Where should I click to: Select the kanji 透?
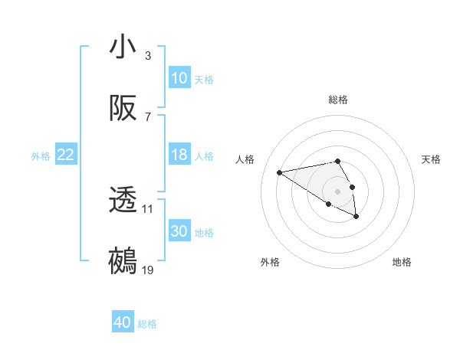[123, 201]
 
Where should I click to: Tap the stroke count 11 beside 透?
[148, 208]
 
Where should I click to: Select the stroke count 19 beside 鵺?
[148, 270]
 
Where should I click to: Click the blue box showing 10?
[179, 78]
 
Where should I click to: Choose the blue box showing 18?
[179, 155]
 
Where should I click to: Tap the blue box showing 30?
[179, 231]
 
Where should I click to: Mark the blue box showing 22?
[66, 155]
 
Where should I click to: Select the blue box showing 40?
[123, 322]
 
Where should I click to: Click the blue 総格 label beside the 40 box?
[147, 324]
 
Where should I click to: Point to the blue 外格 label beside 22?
[41, 156]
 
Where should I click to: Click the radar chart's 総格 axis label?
[338, 100]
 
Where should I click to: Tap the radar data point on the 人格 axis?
[280, 172]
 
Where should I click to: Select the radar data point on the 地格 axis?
[356, 217]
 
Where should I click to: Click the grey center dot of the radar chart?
[337, 191]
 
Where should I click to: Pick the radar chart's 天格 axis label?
[432, 159]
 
